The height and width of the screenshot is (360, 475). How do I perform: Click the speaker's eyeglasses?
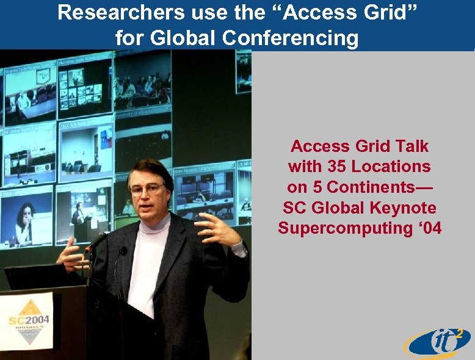pyautogui.click(x=147, y=188)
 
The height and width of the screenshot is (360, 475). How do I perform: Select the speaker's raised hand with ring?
pyautogui.click(x=217, y=229)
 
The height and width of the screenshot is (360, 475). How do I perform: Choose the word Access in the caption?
pyautogui.click(x=317, y=146)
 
